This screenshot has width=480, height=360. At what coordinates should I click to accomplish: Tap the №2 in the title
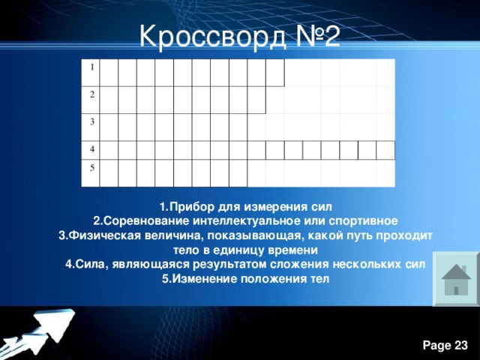coord(312,36)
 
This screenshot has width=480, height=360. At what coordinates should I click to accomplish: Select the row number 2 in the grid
coord(91,95)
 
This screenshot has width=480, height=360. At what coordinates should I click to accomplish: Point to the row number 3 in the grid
coord(91,121)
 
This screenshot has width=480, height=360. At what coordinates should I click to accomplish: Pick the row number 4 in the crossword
coord(91,148)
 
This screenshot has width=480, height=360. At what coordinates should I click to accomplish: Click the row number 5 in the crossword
coord(91,166)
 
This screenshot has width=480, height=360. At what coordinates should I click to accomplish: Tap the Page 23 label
coord(445,344)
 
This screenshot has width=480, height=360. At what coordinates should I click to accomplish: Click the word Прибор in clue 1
coord(188,206)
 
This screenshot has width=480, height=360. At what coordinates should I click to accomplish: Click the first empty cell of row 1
coord(109,72)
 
